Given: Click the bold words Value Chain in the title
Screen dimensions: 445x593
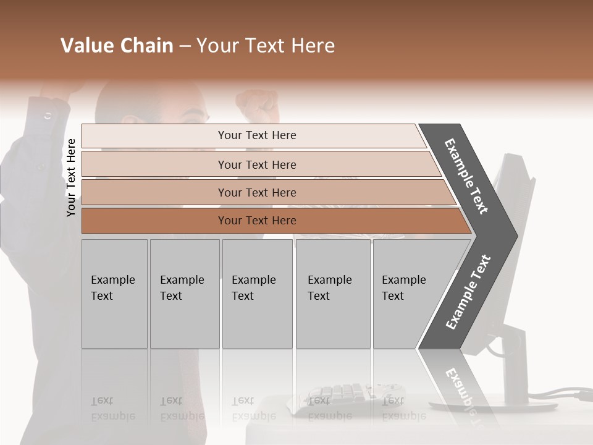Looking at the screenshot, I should [x=117, y=46].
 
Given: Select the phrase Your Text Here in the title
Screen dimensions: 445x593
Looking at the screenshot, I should [x=266, y=46].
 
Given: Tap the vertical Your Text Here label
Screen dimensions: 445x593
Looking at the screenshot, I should [x=71, y=177].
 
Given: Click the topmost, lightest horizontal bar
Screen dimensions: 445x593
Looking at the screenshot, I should [x=257, y=135].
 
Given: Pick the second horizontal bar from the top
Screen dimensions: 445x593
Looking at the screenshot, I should [x=257, y=164].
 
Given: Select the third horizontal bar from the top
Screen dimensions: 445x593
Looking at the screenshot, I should [x=257, y=192].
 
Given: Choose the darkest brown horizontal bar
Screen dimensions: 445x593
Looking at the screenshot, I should [x=257, y=221].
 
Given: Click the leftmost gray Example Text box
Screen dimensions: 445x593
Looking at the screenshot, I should [x=114, y=294].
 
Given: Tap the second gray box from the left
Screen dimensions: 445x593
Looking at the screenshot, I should [x=184, y=294].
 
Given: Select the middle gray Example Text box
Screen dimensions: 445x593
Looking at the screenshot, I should [x=257, y=294].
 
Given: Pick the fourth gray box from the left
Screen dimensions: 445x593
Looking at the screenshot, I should [x=332, y=294].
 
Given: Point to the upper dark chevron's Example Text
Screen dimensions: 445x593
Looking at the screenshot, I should [x=467, y=176].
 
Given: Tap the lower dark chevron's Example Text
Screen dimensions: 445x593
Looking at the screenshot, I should [x=468, y=292].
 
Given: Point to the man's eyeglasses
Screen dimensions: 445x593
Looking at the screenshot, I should [x=196, y=116].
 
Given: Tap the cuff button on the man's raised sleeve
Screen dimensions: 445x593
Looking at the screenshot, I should [x=48, y=115].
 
